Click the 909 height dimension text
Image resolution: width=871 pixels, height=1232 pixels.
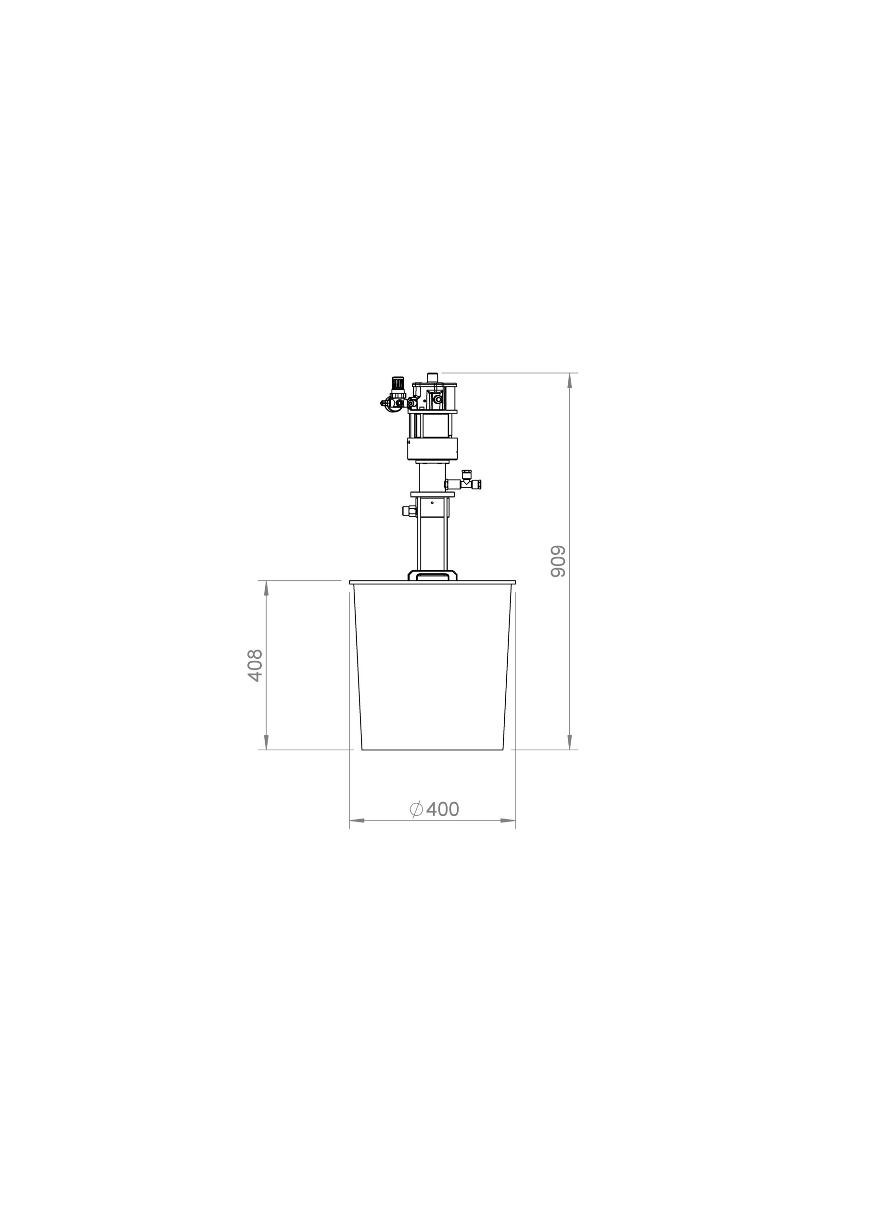coord(559,561)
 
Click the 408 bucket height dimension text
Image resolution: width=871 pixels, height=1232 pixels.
coord(255,666)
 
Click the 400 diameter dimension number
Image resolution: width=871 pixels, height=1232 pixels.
coord(443,824)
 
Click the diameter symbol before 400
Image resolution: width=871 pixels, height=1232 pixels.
coord(416,824)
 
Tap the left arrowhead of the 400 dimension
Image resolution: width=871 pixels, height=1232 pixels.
coord(358,835)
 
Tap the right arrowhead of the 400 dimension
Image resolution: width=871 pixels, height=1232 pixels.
coord(508,835)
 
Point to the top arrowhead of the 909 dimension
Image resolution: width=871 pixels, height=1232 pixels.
coord(570,381)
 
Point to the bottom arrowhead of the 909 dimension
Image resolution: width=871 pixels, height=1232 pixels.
coord(570,742)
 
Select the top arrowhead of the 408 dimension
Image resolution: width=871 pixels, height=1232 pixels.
coord(266,588)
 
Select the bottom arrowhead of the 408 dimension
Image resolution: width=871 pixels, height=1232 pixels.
coord(266,742)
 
